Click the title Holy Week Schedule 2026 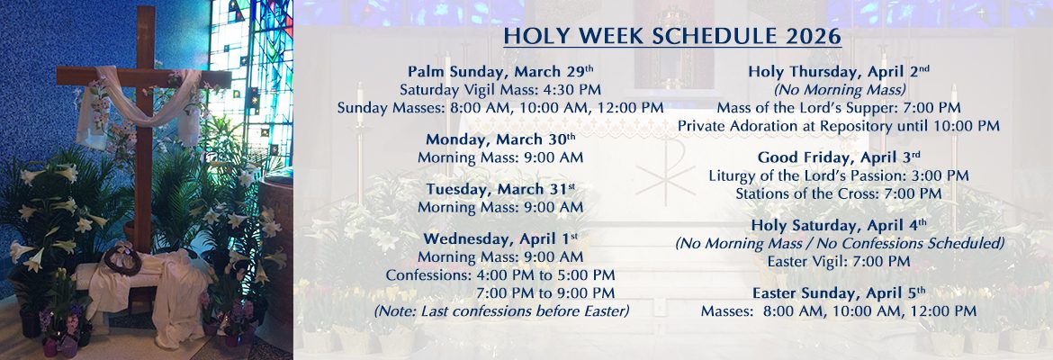pos(672,36)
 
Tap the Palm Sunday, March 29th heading pos(500,71)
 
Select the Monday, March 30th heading pos(500,139)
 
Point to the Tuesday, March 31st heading pos(500,189)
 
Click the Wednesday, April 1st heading pos(500,238)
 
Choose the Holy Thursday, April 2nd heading pos(839,71)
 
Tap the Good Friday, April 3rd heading pos(839,157)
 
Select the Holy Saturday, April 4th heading pos(839,224)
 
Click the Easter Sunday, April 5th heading pos(839,292)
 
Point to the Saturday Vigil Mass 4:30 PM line pos(500,89)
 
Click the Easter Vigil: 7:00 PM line pos(839,261)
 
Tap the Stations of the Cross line pos(839,194)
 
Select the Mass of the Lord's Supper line pos(839,107)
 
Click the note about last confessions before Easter pos(501,311)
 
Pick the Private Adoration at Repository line pos(839,126)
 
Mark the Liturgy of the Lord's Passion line pos(839,175)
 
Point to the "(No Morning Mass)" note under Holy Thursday pos(839,89)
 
